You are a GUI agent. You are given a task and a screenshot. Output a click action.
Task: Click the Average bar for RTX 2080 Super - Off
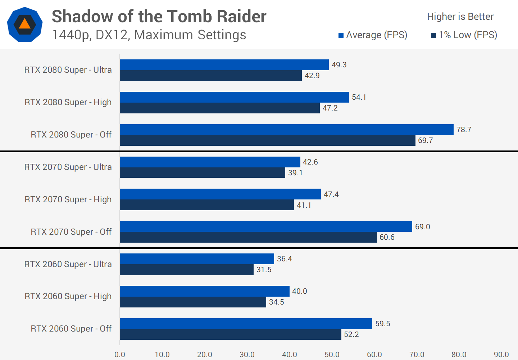point(286,130)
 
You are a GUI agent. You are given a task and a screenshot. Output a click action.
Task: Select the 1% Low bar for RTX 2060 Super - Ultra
point(186,270)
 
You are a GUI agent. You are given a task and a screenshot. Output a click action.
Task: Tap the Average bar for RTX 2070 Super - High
point(220,194)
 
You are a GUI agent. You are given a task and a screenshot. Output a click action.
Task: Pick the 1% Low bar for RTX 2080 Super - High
point(219,108)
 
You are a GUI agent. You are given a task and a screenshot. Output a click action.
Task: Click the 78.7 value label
point(464,130)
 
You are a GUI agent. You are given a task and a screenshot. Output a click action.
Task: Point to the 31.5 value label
point(264,270)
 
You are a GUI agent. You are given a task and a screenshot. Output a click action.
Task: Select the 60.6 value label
point(387,237)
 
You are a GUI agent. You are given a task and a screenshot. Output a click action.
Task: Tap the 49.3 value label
point(339,65)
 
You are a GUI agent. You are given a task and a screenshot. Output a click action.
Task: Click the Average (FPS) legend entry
point(373,35)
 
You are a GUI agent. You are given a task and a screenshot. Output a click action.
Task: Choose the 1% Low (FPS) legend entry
point(464,35)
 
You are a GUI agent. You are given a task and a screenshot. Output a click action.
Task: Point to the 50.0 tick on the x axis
point(332,355)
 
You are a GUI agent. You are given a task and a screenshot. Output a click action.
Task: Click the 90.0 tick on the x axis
point(501,355)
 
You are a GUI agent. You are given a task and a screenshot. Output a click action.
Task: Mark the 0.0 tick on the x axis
point(120,355)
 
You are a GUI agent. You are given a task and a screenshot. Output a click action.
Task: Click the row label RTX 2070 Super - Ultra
point(68,167)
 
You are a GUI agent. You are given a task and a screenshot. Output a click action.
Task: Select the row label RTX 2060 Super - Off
point(71,329)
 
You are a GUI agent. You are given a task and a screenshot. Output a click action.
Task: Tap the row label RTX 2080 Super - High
point(68,102)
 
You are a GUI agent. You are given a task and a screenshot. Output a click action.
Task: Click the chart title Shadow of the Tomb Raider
point(159,17)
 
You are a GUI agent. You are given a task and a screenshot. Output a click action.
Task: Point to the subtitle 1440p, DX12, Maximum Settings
point(149,35)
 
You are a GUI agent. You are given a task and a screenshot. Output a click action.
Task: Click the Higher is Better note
point(460,17)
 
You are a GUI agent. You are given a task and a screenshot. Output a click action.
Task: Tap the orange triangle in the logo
point(24,24)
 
